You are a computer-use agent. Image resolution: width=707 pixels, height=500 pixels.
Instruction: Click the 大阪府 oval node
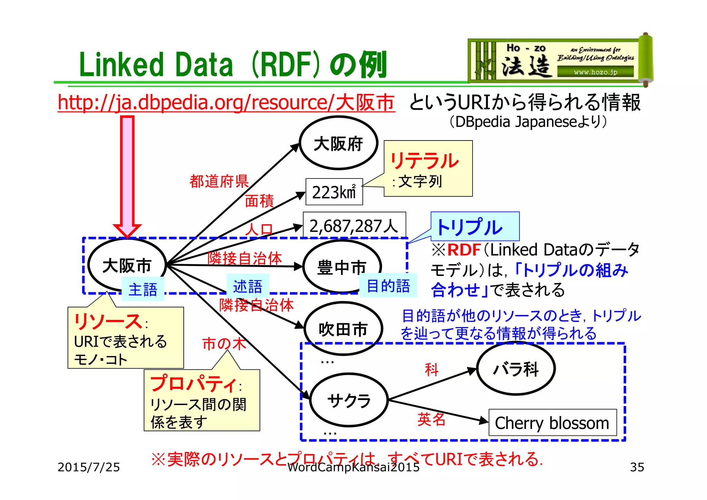pos(338,143)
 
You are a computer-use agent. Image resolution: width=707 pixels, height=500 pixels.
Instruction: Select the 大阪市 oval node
pos(127,265)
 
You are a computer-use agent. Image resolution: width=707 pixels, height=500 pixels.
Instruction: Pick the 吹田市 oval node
pos(343,328)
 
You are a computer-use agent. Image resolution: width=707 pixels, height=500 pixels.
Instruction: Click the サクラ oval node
pos(349,400)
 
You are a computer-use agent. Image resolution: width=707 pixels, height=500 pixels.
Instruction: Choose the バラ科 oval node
pos(516,368)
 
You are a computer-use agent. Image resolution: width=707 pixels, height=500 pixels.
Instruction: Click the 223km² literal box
pos(334,192)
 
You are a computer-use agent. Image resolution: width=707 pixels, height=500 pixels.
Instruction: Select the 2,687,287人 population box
pos(354,225)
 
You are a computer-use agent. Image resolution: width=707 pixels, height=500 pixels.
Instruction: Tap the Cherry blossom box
pos(552,423)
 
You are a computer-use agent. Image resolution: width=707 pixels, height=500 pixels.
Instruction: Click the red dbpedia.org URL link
pos(226,102)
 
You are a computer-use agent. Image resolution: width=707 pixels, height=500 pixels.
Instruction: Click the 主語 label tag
pos(143,289)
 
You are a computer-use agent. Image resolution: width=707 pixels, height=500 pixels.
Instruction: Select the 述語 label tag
pos(248,286)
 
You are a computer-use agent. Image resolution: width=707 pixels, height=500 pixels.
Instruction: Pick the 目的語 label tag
pos(388,286)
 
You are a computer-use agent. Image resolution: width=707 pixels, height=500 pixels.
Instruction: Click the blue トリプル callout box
pos(475,227)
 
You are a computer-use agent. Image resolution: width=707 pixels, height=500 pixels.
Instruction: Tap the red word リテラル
pos(425,161)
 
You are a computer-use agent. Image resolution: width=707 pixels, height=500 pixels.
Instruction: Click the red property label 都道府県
pos(219,181)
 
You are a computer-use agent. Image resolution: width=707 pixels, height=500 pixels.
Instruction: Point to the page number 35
pos(637,467)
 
